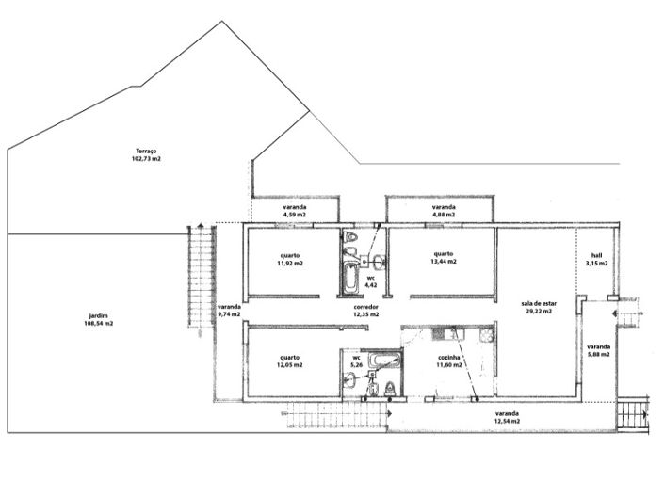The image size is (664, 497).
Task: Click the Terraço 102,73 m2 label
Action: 146,155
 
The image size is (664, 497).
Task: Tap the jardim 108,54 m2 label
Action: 97,319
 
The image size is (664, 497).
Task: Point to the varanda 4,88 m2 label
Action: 444,211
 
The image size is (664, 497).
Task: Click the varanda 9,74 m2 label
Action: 230,312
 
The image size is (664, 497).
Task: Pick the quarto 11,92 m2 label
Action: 290,259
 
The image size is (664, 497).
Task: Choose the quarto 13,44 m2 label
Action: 444,258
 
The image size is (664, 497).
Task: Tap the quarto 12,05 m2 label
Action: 290,361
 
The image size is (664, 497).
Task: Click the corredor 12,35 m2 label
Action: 366,311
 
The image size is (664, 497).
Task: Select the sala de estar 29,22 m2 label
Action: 538,307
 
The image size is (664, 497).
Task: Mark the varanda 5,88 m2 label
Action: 598,350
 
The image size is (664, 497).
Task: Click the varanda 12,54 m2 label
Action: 507,417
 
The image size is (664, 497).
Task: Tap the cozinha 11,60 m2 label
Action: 449,361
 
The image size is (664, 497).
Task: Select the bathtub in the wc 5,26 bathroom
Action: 383,360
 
